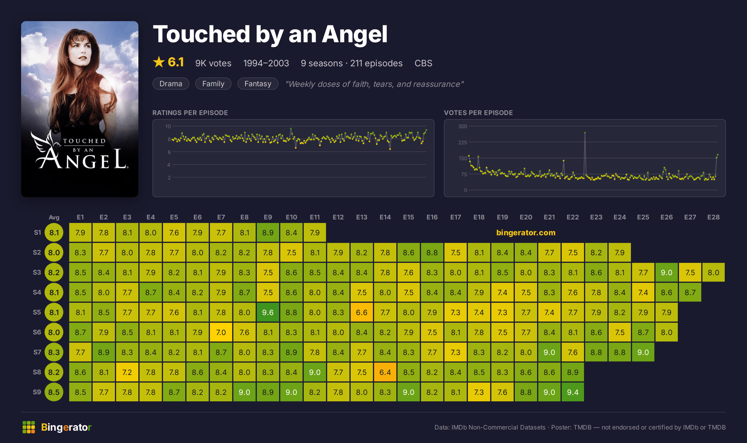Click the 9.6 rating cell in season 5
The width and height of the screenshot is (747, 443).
(268, 312)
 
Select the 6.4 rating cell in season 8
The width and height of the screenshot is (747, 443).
(385, 372)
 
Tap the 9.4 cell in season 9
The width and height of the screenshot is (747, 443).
(573, 392)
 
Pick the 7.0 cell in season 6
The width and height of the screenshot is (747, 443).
(221, 332)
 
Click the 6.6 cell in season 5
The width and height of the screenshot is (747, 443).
(361, 312)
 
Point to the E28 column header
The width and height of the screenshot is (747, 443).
(713, 217)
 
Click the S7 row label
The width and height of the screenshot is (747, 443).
(37, 352)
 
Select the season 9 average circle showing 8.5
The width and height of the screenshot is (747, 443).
(54, 392)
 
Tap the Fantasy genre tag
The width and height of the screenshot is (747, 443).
(258, 84)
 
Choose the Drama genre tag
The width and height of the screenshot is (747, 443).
(171, 84)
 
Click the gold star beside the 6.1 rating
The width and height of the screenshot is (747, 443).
(159, 62)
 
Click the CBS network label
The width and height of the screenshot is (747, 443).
(423, 63)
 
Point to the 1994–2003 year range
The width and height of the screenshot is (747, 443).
(266, 63)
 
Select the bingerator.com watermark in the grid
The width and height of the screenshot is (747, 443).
(526, 233)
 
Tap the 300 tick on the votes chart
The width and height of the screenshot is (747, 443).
(462, 126)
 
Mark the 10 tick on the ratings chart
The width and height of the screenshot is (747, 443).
(168, 126)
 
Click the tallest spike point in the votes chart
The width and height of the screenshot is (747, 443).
(585, 133)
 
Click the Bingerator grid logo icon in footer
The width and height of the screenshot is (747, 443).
(29, 427)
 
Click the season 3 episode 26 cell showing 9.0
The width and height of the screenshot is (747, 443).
(666, 272)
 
